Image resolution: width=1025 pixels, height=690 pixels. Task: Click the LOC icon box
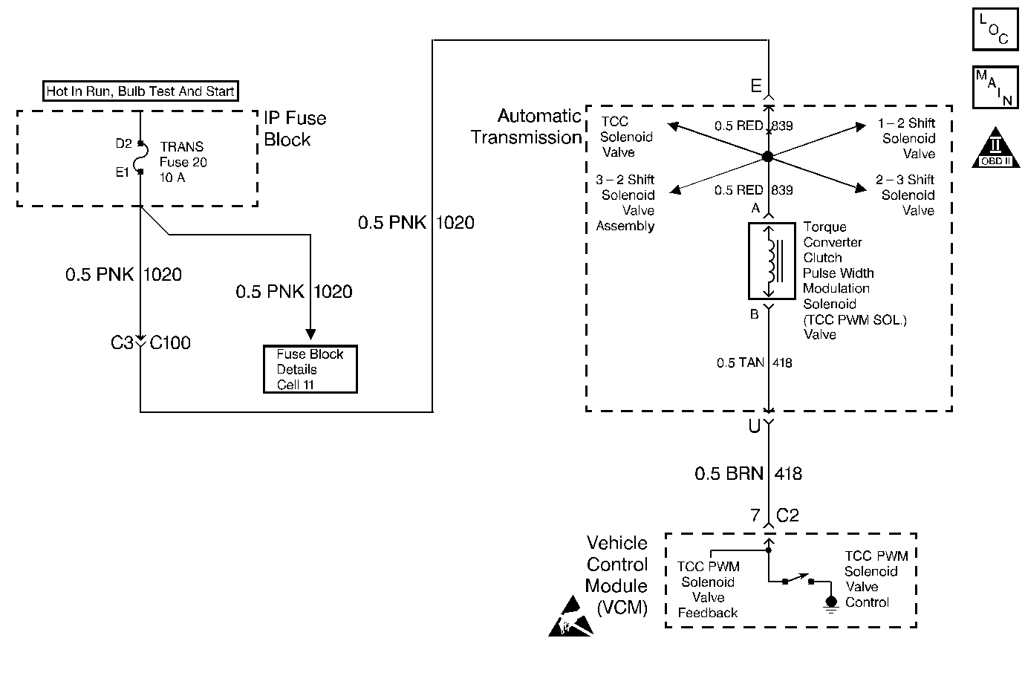pos(995,29)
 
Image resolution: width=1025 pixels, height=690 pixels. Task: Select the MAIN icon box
pos(995,88)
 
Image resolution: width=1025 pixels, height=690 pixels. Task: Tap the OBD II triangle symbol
pos(996,148)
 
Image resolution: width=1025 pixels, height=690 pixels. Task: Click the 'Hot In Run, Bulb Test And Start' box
pos(140,91)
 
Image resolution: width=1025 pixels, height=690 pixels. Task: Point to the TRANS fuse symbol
pos(141,158)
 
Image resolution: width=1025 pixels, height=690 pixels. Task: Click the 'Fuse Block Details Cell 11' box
pos(310,369)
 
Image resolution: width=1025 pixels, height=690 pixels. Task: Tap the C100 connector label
pos(170,342)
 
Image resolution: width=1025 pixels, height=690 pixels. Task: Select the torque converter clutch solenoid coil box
pos(772,261)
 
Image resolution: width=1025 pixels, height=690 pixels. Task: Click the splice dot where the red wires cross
pos(768,157)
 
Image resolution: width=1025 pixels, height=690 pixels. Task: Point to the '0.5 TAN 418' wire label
pos(754,363)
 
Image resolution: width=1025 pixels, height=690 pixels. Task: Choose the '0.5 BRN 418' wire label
pos(748,474)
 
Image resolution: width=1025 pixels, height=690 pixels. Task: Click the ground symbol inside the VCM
pos(831,605)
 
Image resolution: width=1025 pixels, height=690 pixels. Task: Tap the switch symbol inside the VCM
pos(798,579)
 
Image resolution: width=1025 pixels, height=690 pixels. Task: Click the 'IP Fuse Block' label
pos(295,128)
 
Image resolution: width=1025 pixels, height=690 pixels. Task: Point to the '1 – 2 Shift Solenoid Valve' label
pos(906,138)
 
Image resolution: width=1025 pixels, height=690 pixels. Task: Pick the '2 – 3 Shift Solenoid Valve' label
pos(905,195)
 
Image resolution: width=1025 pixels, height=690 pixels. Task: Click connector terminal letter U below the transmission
pos(754,426)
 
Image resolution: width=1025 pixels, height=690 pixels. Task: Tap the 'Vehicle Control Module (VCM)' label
pos(616,575)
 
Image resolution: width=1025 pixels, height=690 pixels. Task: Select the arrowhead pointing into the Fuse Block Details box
pos(310,334)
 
